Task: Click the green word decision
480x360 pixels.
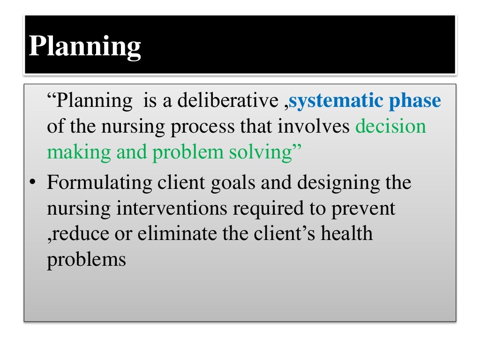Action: pos(391,127)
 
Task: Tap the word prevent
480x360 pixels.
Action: pos(363,208)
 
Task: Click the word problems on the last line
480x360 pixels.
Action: pos(86,259)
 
